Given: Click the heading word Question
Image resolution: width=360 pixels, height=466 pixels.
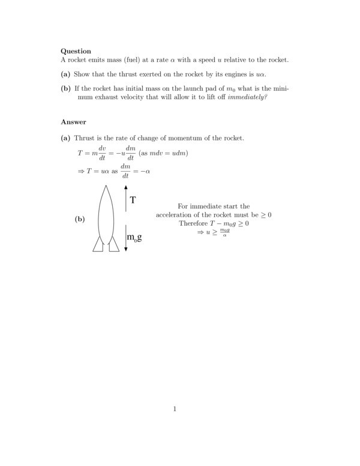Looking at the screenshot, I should tap(76, 51).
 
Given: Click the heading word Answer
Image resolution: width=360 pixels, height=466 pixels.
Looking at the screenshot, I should tap(74, 122).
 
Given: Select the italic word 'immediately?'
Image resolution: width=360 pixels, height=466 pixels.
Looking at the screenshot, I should tap(247, 97).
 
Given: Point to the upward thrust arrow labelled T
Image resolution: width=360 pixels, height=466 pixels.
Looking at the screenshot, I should tap(125, 198).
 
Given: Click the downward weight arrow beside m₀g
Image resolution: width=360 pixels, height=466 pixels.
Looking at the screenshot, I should tap(125, 237).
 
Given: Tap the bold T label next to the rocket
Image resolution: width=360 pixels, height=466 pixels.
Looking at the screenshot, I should tap(133, 201).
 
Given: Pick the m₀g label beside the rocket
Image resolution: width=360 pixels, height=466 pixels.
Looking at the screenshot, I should tap(135, 239).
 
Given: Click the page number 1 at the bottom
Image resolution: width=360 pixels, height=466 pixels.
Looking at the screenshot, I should tap(175, 410).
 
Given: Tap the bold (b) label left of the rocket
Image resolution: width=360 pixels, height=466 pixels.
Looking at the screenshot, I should tap(79, 220).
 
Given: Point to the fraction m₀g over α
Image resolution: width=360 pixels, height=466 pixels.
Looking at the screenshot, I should tap(224, 233).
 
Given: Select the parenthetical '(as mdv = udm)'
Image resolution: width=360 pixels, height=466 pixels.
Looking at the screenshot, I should tap(163, 153).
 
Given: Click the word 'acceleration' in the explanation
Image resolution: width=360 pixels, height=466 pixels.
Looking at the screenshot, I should tap(175, 215).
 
